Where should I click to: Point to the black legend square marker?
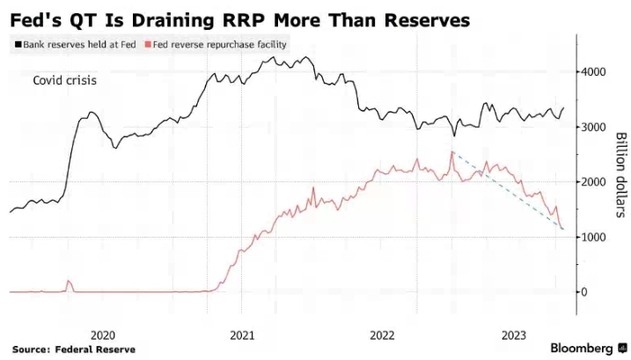[x=16, y=44]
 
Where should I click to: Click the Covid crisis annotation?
[x=64, y=81]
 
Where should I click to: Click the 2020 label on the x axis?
[x=103, y=334]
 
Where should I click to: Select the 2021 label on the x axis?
[x=242, y=334]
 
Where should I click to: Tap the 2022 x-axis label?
[x=382, y=334]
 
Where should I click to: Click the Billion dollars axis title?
[x=620, y=175]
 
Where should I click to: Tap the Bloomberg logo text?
[x=582, y=348]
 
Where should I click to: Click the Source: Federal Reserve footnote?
[x=74, y=349]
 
